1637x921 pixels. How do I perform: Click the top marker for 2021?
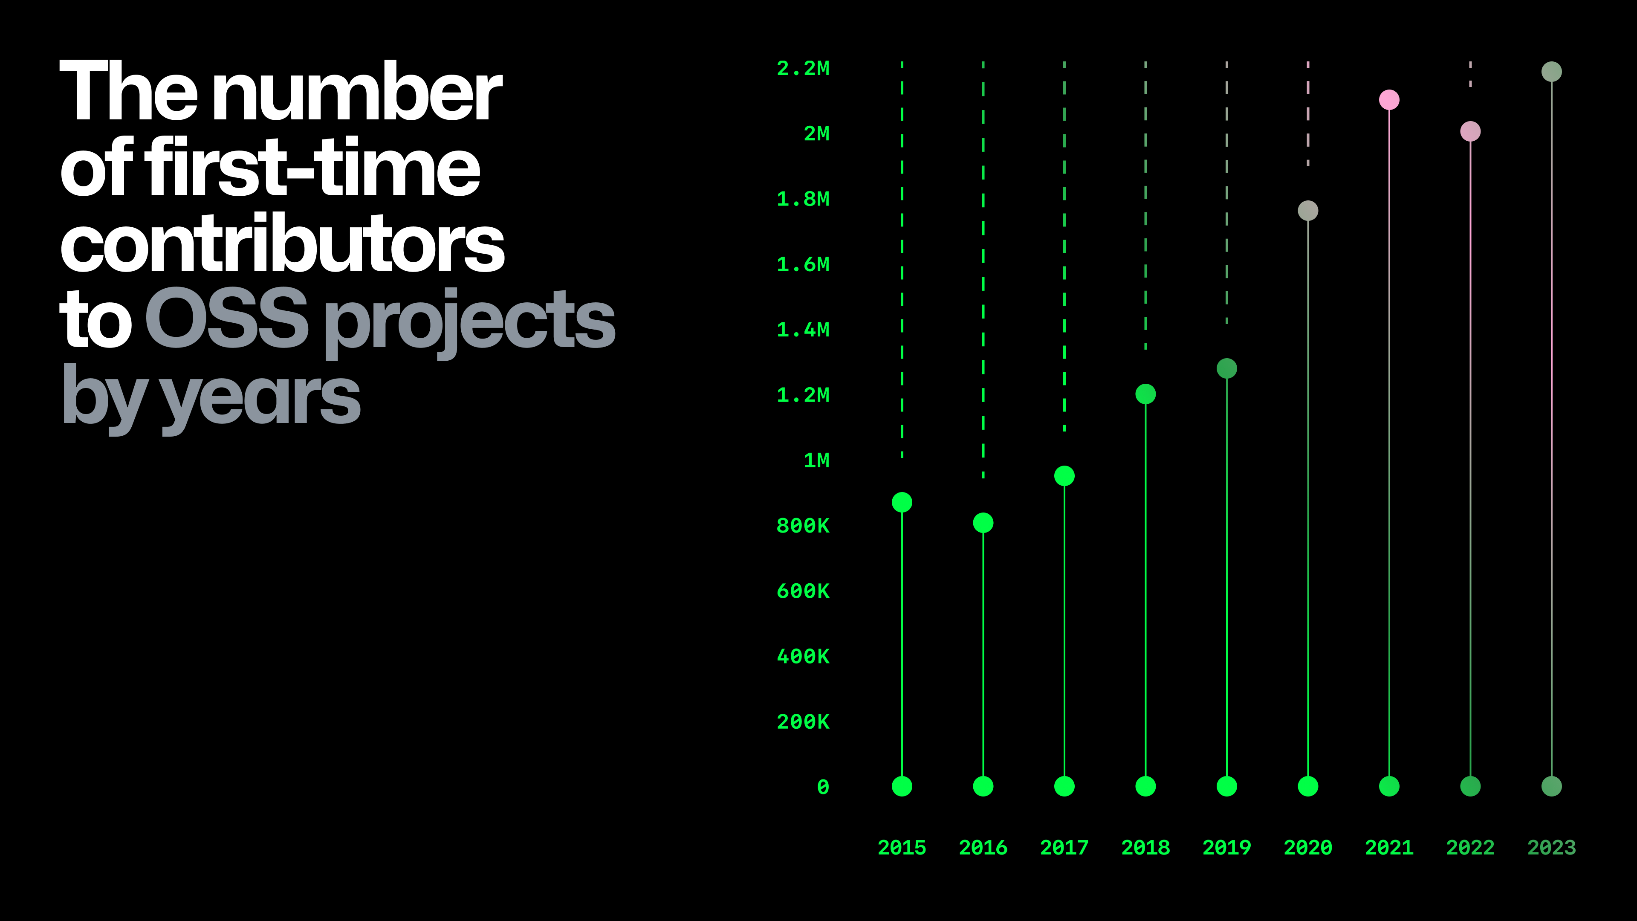click(x=1389, y=100)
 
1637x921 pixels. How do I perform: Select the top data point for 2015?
click(x=902, y=502)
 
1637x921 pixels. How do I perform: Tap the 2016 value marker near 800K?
click(x=983, y=522)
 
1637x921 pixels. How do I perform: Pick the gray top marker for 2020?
click(x=1308, y=210)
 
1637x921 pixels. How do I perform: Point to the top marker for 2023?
click(x=1552, y=72)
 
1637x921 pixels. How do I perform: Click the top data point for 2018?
click(x=1146, y=394)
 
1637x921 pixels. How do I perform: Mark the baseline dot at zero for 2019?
click(x=1226, y=786)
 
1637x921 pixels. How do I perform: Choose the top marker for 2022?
click(x=1470, y=131)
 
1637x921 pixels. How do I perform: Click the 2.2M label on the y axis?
click(x=803, y=68)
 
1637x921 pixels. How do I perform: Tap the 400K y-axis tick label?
click(x=803, y=656)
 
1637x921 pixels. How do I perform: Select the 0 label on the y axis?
click(x=823, y=787)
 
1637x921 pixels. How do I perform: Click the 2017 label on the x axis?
click(x=1064, y=847)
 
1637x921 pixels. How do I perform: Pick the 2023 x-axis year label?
click(x=1552, y=847)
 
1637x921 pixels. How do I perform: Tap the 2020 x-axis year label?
click(x=1308, y=847)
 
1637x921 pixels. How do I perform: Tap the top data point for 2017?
click(x=1064, y=475)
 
